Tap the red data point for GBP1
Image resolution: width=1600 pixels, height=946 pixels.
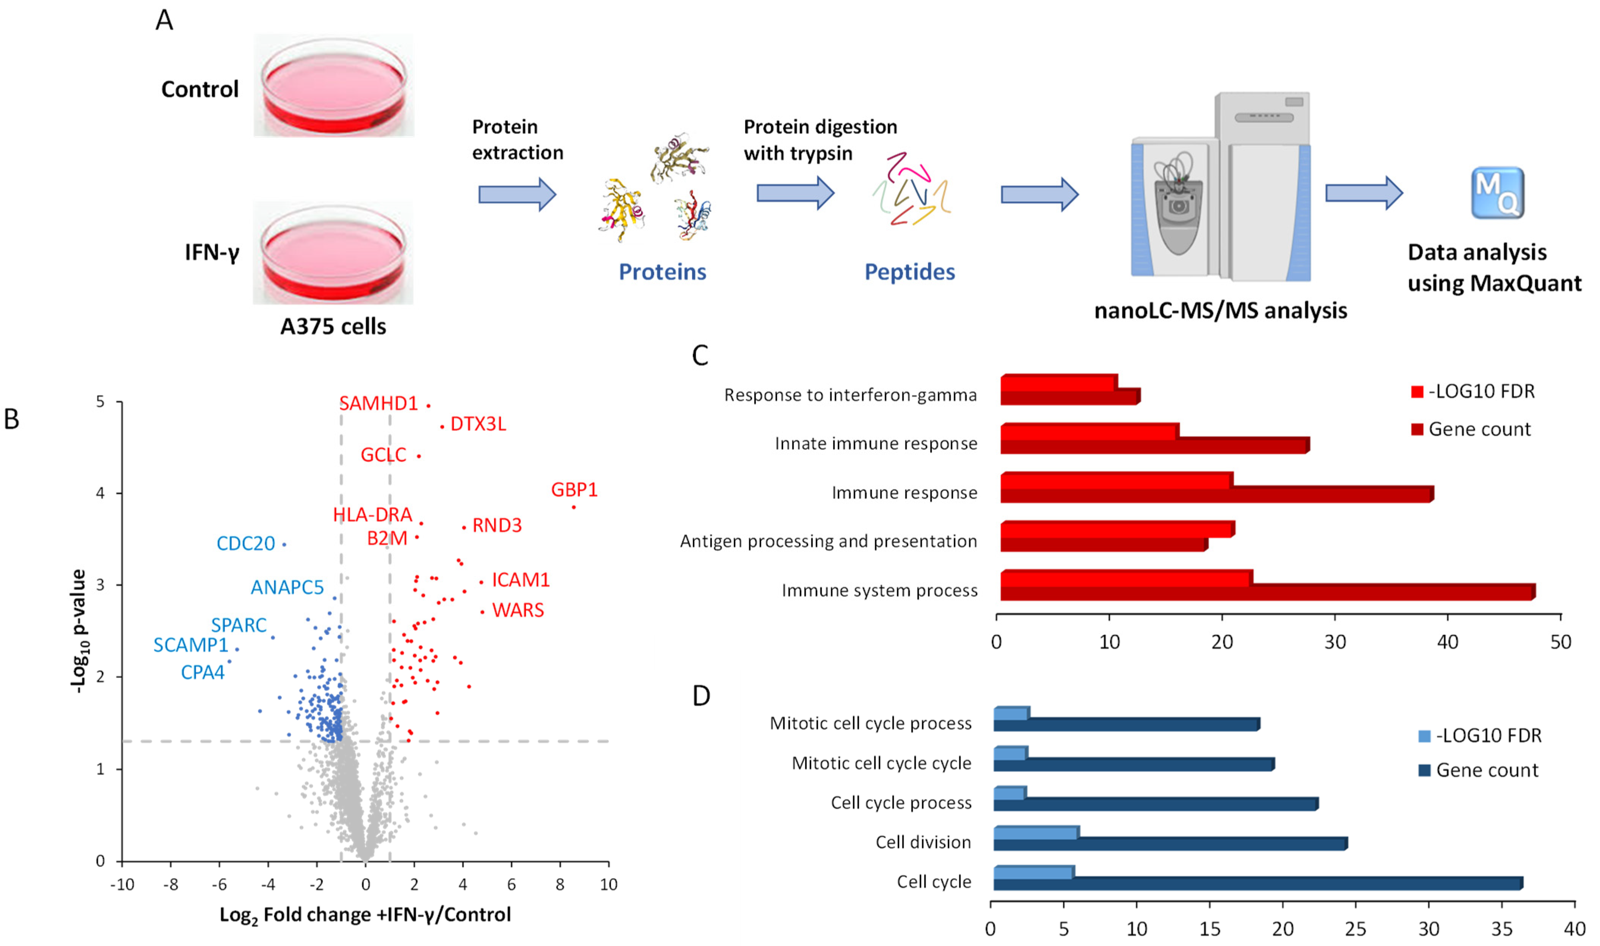coord(574,507)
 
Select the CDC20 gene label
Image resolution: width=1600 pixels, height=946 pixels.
coord(245,544)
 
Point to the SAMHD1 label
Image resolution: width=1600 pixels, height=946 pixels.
coord(378,403)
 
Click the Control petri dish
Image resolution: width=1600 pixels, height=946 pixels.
coord(333,86)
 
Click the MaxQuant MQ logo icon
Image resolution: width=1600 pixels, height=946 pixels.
coord(1497,193)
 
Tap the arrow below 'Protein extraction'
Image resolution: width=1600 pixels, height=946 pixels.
coord(517,195)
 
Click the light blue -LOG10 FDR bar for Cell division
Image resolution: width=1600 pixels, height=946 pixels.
coord(1036,833)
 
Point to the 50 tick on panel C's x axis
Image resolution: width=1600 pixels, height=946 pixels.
coord(1561,642)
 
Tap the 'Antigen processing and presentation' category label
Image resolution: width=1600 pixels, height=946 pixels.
coord(828,542)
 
